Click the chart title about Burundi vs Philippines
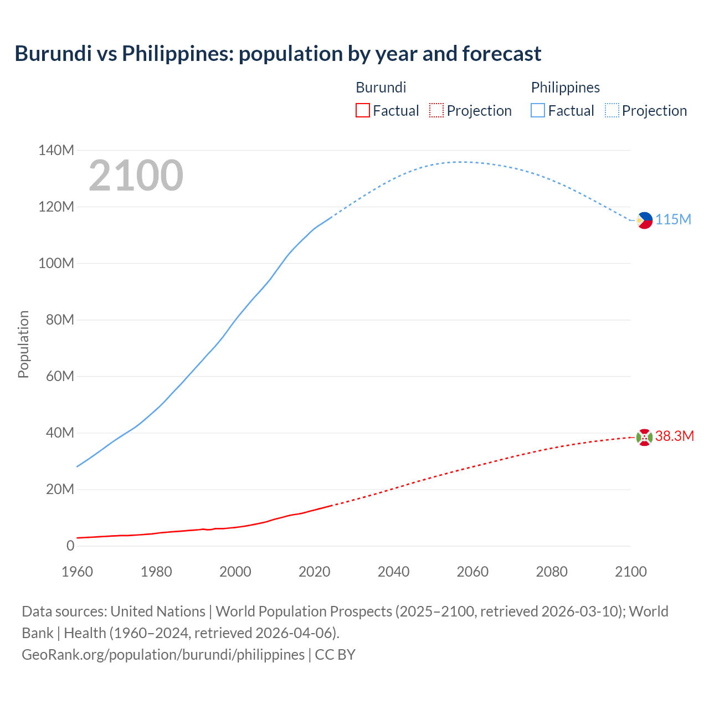278,54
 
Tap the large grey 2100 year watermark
136,175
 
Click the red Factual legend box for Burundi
362,110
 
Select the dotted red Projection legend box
436,110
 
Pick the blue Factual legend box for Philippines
537,110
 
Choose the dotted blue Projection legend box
612,110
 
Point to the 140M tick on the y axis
56,150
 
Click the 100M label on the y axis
56,263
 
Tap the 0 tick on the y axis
70,546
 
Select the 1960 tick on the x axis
77,571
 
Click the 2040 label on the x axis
393,571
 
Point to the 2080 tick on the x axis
552,571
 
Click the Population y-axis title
23,344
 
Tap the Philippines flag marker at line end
644,220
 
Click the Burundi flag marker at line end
644,437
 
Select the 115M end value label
674,219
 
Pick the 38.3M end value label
675,436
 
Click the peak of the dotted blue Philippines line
460,162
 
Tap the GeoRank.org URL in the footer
163,654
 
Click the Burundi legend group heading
381,88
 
